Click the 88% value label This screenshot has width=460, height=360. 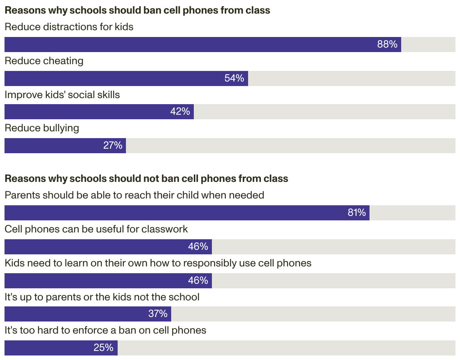click(x=387, y=44)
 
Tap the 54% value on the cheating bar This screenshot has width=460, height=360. click(x=234, y=78)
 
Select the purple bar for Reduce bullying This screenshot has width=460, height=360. click(x=65, y=146)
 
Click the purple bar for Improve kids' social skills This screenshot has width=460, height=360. click(x=99, y=112)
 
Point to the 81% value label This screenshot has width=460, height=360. click(x=357, y=212)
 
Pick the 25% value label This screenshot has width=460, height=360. click(x=104, y=348)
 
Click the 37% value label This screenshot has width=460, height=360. click(x=158, y=314)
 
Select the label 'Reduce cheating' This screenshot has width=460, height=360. click(x=44, y=61)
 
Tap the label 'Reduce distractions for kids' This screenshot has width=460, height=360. click(x=69, y=27)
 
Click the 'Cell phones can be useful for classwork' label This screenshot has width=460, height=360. click(x=96, y=229)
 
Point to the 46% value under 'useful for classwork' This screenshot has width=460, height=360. click(x=198, y=246)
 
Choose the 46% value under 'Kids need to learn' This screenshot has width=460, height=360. click(x=198, y=280)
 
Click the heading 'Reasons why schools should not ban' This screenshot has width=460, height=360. click(x=146, y=178)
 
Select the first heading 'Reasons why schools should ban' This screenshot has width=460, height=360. click(x=137, y=10)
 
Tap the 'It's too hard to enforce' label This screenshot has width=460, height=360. click(x=106, y=330)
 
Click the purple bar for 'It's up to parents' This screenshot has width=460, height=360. click(x=88, y=314)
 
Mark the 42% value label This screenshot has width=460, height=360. click(x=180, y=111)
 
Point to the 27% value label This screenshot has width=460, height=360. click(x=113, y=146)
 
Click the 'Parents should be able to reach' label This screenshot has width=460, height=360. click(x=135, y=195)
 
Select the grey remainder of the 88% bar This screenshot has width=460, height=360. click(x=428, y=45)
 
